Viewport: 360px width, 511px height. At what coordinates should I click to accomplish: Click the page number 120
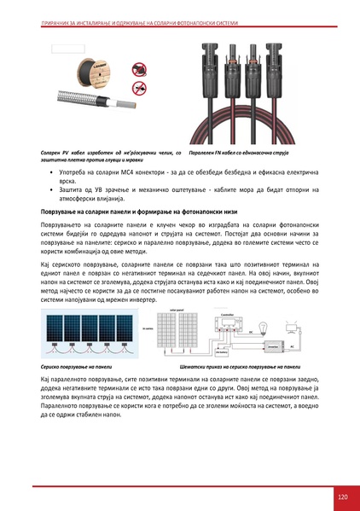(x=343, y=496)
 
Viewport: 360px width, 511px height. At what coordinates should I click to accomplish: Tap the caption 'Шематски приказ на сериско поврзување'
(x=234, y=364)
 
